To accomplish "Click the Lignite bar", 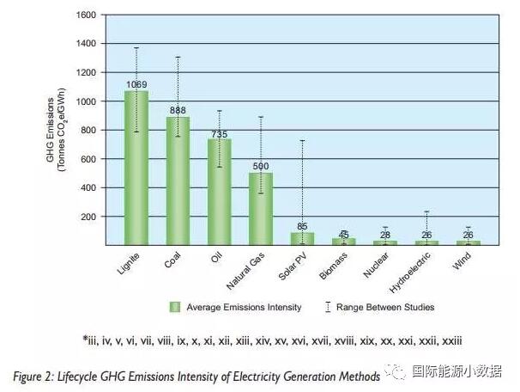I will pyautogui.click(x=136, y=168).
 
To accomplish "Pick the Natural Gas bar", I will pyautogui.click(x=260, y=209).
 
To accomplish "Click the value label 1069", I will pyautogui.click(x=136, y=84).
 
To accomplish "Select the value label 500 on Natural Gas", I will pyautogui.click(x=261, y=166).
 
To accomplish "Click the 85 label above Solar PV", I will pyautogui.click(x=302, y=227).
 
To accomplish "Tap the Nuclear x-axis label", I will pyautogui.click(x=374, y=262).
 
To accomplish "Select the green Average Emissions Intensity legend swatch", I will pyautogui.click(x=175, y=307).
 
